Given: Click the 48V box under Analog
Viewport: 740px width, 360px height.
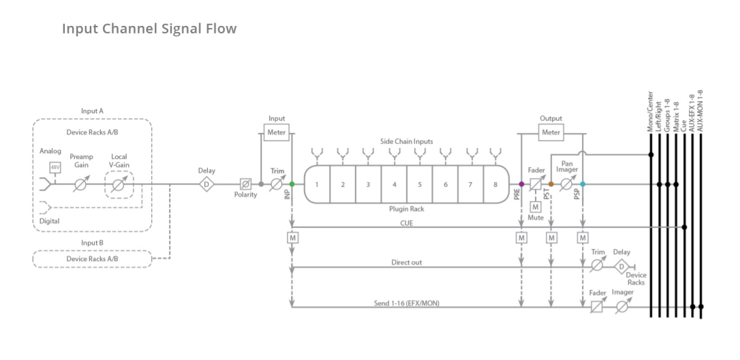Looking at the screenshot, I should click(x=55, y=167).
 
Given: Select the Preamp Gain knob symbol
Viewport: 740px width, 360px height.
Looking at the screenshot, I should click(x=81, y=183).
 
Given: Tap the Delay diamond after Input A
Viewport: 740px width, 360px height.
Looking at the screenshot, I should click(x=206, y=183).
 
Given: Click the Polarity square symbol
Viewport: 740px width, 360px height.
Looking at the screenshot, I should click(x=245, y=183).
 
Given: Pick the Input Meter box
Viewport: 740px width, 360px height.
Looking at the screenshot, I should click(x=277, y=132).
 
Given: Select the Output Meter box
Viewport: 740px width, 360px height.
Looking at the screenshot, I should click(x=551, y=132).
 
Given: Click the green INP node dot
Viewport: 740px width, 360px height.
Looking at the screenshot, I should click(x=292, y=183).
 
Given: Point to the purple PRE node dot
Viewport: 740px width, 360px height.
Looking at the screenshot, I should click(x=521, y=183).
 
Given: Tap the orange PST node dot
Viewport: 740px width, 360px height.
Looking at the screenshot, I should click(x=551, y=183).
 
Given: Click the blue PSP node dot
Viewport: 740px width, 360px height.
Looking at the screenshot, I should click(x=583, y=183).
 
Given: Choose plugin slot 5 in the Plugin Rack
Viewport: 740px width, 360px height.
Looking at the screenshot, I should click(x=420, y=185).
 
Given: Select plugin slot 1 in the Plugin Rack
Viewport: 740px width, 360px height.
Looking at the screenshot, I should click(x=317, y=185).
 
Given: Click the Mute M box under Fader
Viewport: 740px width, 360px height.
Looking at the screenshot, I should click(x=536, y=207).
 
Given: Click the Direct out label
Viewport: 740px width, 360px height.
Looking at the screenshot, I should click(x=406, y=262).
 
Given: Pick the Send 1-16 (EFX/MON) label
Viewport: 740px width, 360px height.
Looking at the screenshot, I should click(x=406, y=302).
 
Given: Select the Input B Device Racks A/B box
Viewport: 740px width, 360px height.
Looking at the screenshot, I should click(x=92, y=259).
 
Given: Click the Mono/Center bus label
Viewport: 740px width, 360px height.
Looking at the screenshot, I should click(x=651, y=111).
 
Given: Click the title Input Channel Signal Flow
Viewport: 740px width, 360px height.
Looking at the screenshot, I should click(x=149, y=29).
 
